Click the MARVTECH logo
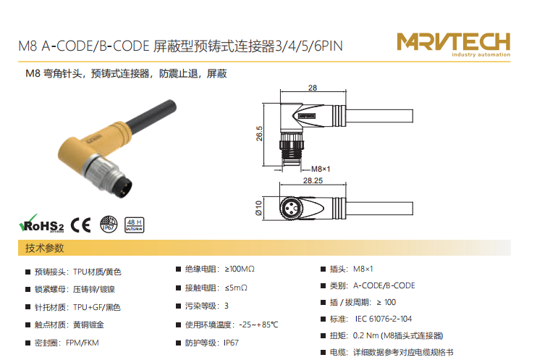pyautogui.click(x=453, y=44)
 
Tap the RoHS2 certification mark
pyautogui.click(x=41, y=224)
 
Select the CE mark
pyautogui.click(x=81, y=225)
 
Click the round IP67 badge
pyautogui.click(x=109, y=225)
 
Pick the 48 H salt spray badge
pyautogui.click(x=134, y=225)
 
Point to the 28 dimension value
pyautogui.click(x=313, y=88)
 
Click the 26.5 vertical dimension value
pyautogui.click(x=259, y=133)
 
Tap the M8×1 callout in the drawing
pyautogui.click(x=321, y=169)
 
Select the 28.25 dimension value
pyautogui.click(x=313, y=180)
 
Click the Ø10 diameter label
pyautogui.click(x=258, y=208)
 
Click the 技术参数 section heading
pyautogui.click(x=44, y=248)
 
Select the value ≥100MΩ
pyautogui.click(x=240, y=269)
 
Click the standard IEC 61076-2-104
pyautogui.click(x=384, y=319)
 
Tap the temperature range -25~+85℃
pyautogui.click(x=258, y=325)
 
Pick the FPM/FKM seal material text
pyautogui.click(x=83, y=343)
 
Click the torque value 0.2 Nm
pyautogui.click(x=365, y=335)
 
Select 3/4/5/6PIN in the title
pyautogui.click(x=309, y=46)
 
